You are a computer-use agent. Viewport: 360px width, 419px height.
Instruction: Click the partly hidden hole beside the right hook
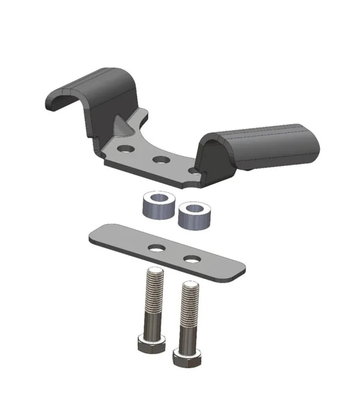pyautogui.click(x=193, y=171)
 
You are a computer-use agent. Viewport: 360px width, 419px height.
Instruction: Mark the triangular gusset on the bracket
pyautogui.click(x=121, y=124)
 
